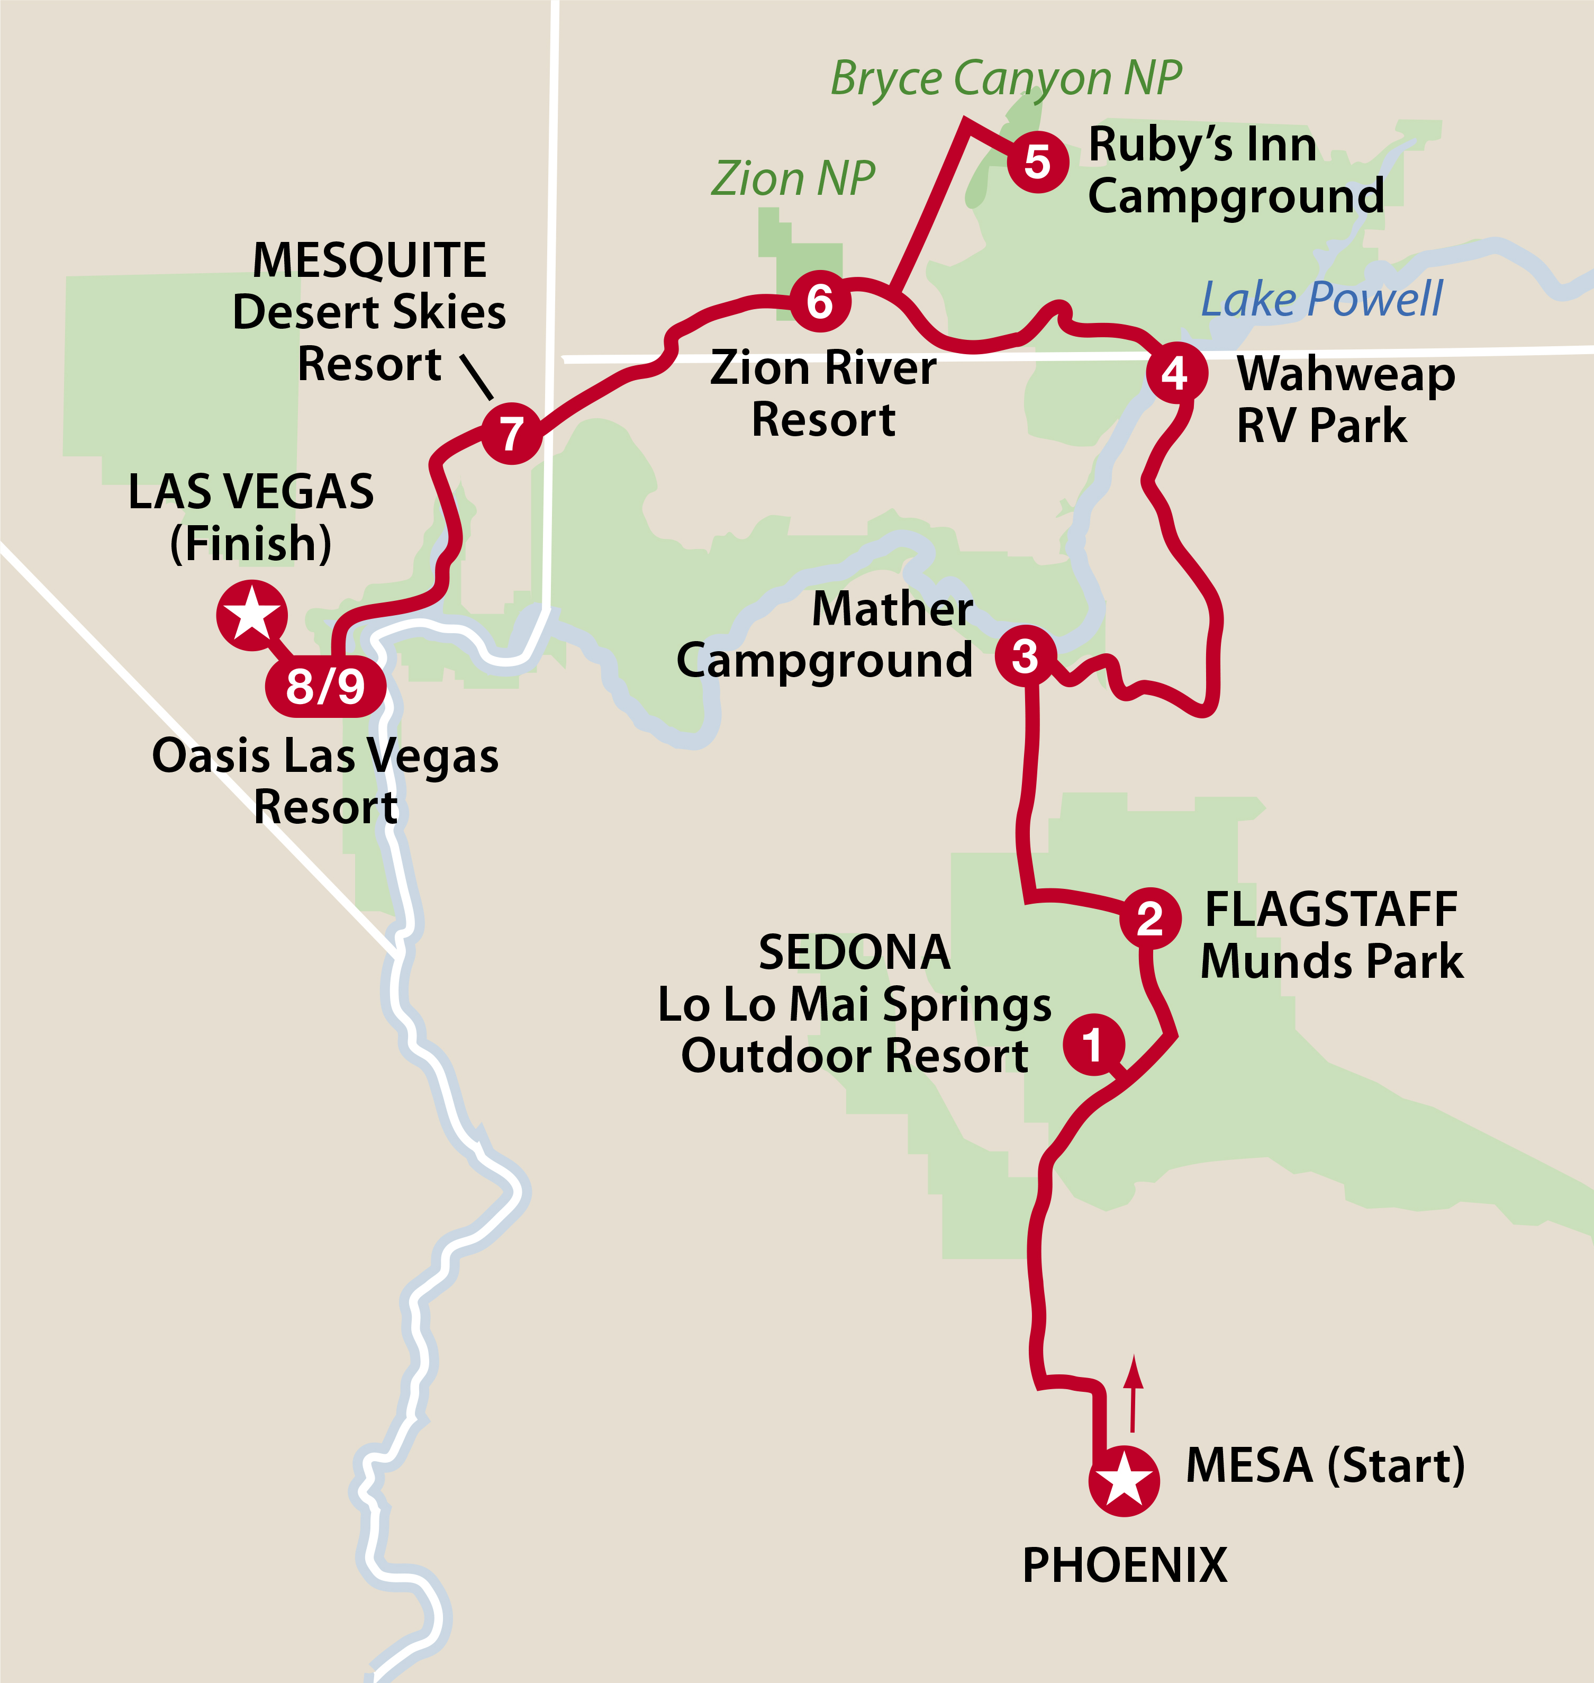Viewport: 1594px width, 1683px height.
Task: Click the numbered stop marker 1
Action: tap(1093, 1044)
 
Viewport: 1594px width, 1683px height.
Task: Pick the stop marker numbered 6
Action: tap(820, 301)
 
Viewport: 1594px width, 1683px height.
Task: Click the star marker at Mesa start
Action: tap(1124, 1480)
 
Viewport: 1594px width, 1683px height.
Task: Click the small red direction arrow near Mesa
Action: tap(1134, 1394)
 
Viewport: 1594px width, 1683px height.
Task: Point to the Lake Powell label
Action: tap(1321, 299)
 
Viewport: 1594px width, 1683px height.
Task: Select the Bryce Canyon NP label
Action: tap(1005, 78)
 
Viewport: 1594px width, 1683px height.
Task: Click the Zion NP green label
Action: tap(793, 178)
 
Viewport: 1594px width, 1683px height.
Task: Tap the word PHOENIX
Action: tap(1124, 1565)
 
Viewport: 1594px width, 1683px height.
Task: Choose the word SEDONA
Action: tap(854, 952)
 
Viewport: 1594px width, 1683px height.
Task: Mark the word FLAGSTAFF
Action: tap(1330, 910)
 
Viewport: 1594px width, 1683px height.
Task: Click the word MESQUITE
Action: tap(369, 260)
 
